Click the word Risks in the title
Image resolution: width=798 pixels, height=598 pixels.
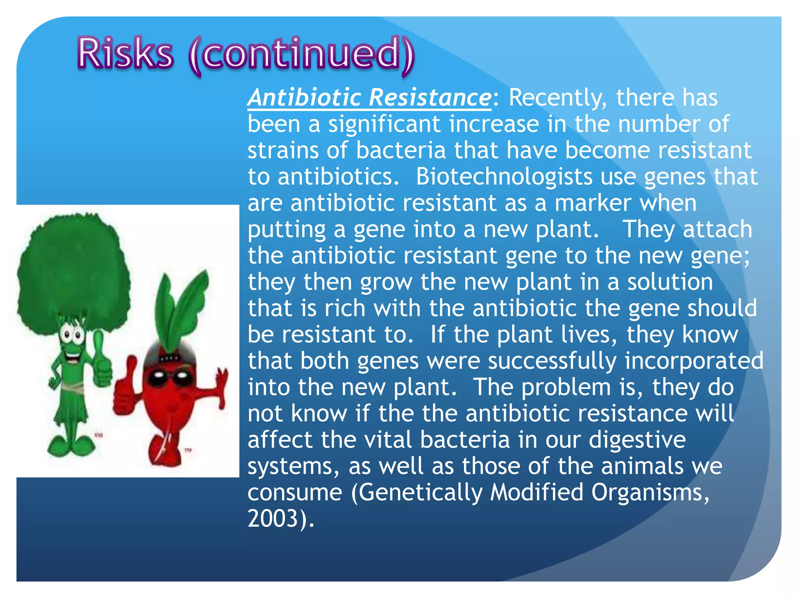[125, 53]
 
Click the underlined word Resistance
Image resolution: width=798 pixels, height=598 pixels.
[430, 97]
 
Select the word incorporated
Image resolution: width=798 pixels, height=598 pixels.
[694, 361]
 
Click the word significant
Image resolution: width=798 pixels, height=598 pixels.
[384, 125]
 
